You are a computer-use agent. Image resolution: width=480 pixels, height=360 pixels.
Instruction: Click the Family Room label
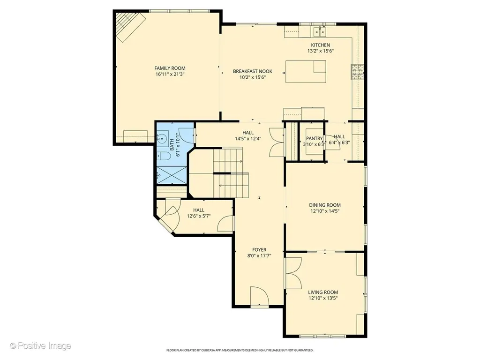tap(170, 68)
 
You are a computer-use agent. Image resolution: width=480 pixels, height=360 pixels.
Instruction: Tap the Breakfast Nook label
tap(253, 71)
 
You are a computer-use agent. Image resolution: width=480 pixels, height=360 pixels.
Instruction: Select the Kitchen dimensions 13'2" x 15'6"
tap(321, 51)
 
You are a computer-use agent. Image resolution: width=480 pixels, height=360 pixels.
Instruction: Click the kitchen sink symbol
tap(320, 31)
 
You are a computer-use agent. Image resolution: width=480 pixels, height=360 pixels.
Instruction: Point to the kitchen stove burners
tap(357, 72)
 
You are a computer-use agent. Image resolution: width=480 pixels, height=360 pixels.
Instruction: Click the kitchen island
tap(306, 72)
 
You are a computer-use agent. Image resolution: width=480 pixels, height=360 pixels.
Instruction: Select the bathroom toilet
tap(164, 156)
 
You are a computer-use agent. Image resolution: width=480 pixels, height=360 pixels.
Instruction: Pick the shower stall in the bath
tap(172, 175)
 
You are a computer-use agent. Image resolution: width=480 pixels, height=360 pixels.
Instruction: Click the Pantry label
tap(315, 138)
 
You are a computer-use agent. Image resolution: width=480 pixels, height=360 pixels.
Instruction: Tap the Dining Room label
tap(325, 205)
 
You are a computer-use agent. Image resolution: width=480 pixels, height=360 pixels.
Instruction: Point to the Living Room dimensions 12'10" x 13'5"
tap(323, 298)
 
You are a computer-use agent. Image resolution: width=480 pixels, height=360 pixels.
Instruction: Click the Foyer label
tap(259, 250)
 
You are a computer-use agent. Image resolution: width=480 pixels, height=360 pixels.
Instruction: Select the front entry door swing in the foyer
tap(259, 296)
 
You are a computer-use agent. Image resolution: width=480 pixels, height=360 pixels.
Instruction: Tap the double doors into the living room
tap(294, 273)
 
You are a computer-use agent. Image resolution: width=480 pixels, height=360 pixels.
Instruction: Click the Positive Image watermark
tap(40, 346)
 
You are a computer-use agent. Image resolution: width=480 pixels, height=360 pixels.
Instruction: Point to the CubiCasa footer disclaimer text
tap(240, 350)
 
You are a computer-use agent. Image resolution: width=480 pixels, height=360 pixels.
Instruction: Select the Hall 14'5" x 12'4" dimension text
tap(248, 138)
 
